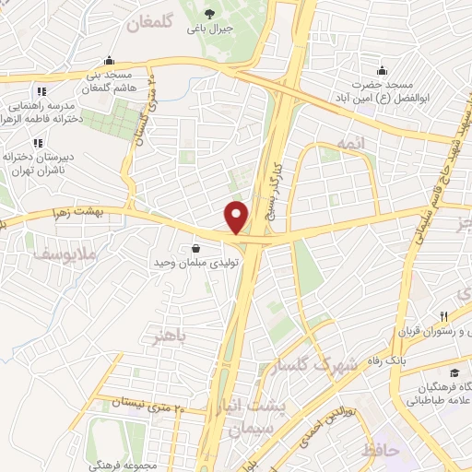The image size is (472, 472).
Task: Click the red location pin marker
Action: coord(237,217)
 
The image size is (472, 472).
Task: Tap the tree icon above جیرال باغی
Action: coord(211,13)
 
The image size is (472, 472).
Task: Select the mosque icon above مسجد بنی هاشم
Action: coord(110,60)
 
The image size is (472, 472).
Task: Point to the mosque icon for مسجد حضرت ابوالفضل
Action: coord(381,71)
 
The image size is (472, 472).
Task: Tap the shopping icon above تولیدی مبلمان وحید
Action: coord(195,249)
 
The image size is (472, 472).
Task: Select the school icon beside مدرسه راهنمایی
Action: coord(40,91)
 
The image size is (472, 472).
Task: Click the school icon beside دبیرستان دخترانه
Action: coord(38,143)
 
